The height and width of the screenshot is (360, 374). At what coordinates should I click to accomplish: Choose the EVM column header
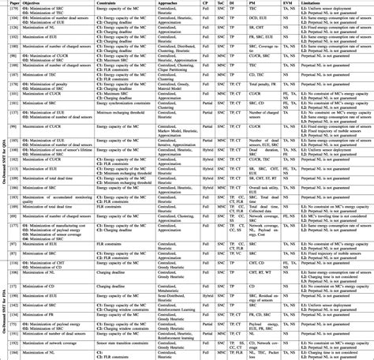287,3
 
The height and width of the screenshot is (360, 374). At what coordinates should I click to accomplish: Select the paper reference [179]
15,10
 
